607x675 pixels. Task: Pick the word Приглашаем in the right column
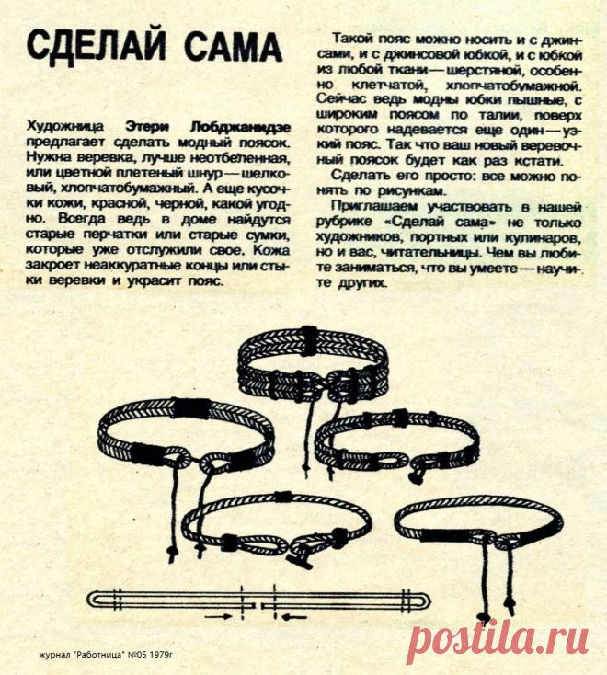[x=373, y=204]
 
